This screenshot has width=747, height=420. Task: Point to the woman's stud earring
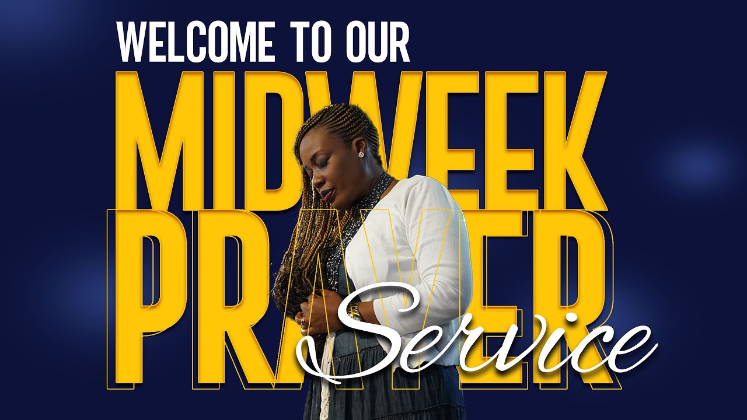(361, 155)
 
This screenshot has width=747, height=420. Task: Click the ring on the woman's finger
(302, 320)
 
